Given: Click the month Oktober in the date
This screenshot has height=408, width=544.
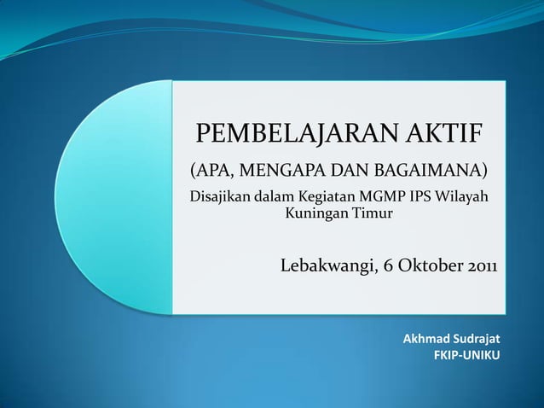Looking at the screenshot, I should coord(430,265).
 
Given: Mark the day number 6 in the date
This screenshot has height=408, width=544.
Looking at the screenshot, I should coord(388,265).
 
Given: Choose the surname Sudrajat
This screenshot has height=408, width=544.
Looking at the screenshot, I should coord(476,339).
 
